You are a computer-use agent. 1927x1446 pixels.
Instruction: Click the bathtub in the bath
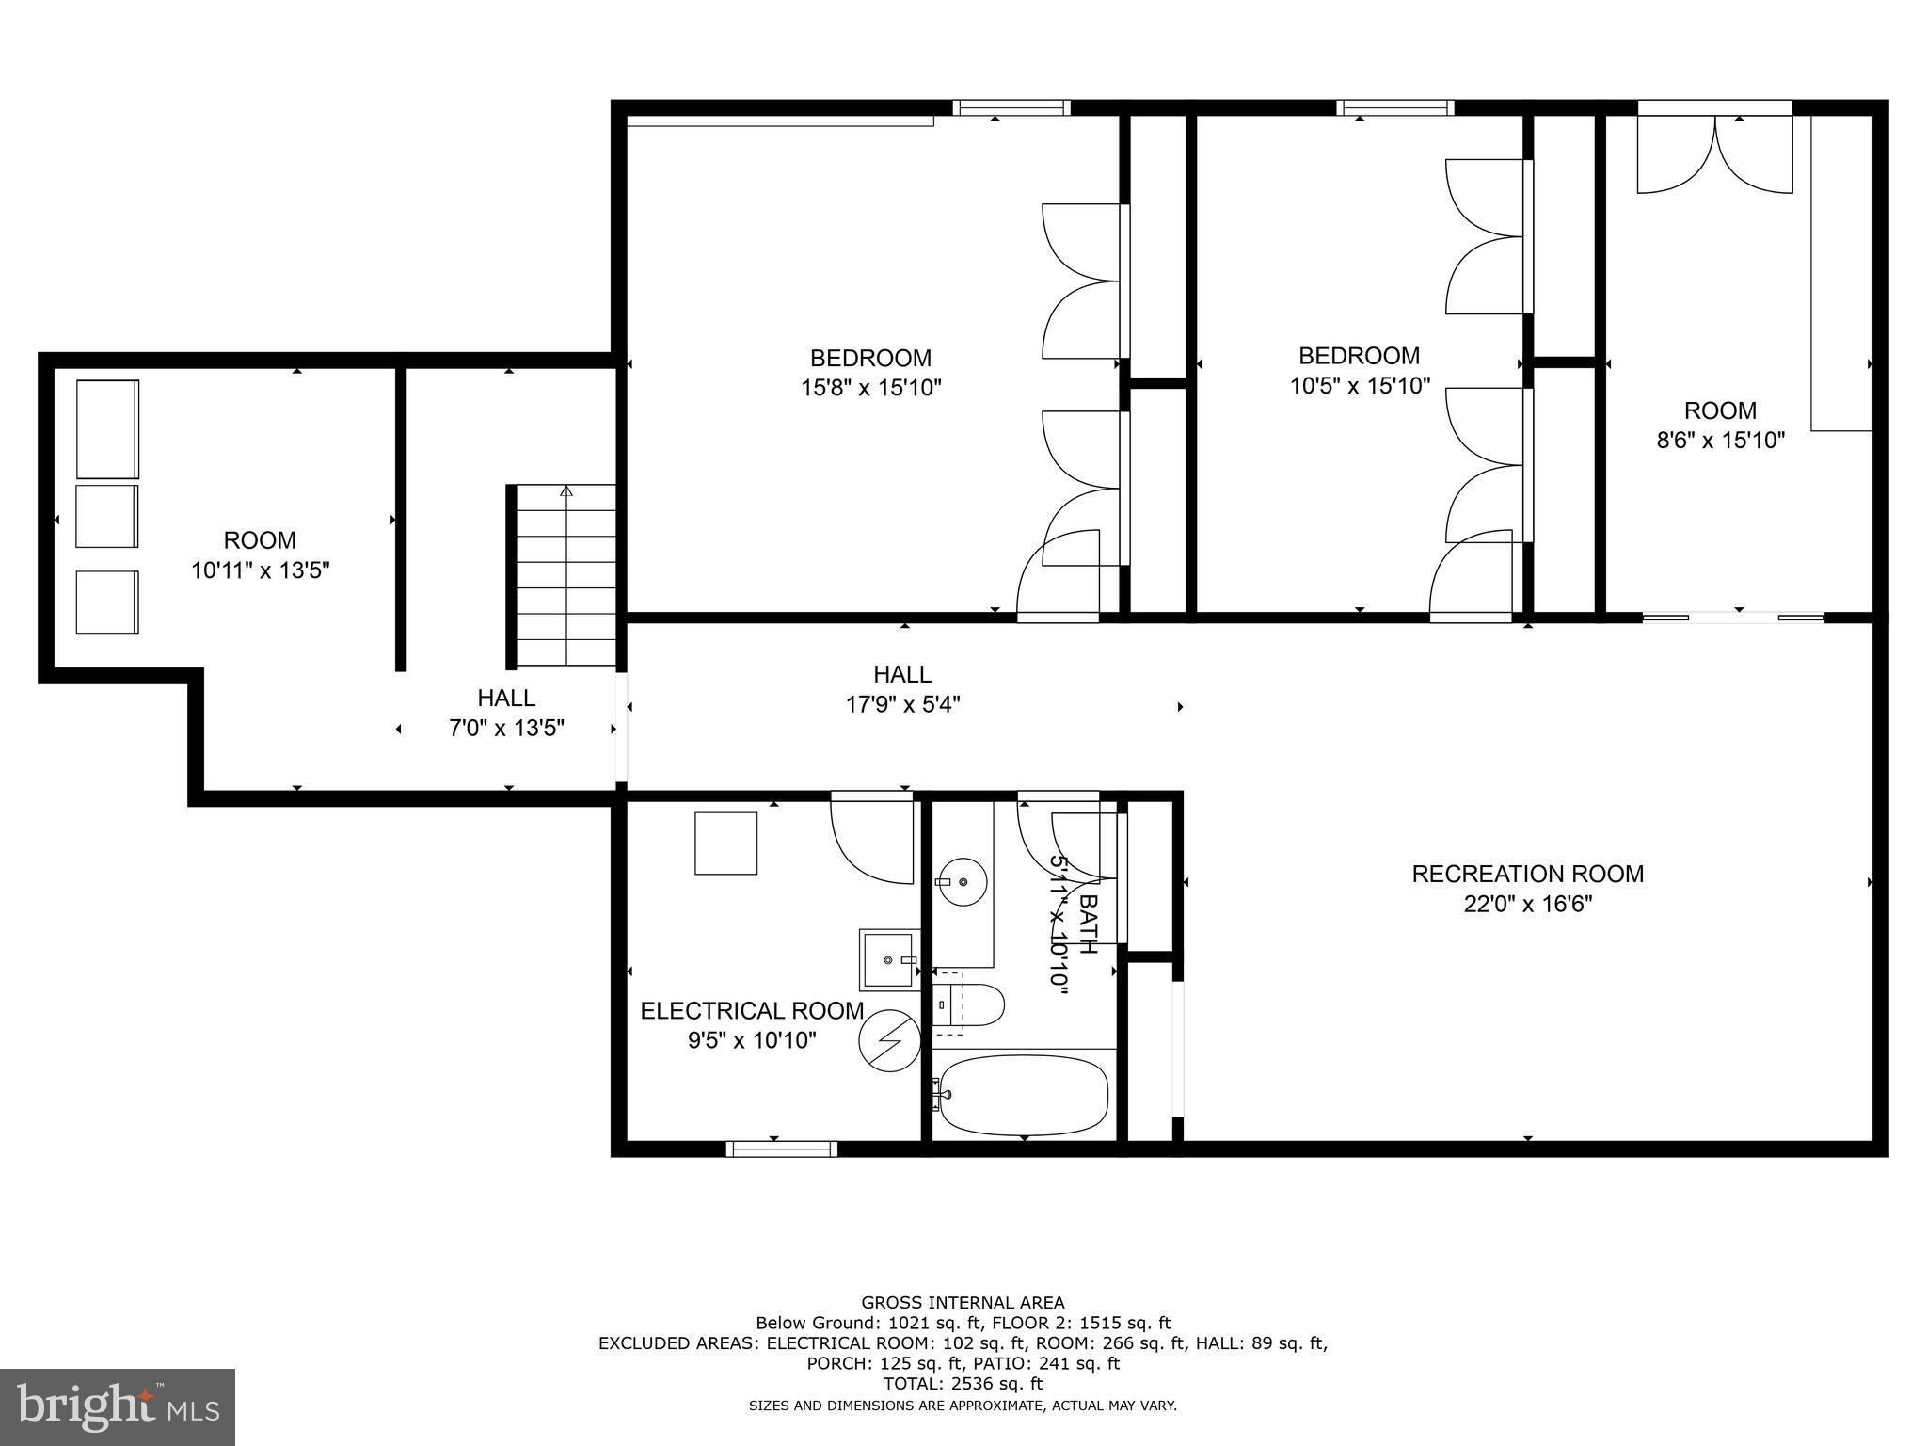1024,1095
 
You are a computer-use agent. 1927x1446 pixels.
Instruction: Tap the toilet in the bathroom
969,1005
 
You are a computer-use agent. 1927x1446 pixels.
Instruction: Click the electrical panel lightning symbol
889,1040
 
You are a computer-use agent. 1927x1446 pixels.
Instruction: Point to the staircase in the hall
565,575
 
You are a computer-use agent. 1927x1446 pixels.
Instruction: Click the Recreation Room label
1527,874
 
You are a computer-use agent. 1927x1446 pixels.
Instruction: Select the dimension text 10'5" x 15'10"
1360,385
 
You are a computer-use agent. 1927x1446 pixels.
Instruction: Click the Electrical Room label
752,1011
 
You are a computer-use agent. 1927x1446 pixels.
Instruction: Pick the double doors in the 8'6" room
1715,155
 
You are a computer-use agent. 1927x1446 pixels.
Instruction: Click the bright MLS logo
118,1407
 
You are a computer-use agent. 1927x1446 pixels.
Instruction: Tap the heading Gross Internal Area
963,1303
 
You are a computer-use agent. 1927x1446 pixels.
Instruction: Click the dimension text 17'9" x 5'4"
902,704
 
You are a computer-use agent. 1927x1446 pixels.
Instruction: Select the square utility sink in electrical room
889,959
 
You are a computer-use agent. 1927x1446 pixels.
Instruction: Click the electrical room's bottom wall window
781,1149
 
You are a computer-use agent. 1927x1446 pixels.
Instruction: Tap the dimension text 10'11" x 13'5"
260,570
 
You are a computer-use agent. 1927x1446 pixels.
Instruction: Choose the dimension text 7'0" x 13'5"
506,728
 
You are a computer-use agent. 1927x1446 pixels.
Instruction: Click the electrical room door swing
872,838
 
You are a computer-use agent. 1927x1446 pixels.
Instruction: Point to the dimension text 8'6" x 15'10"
1720,440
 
